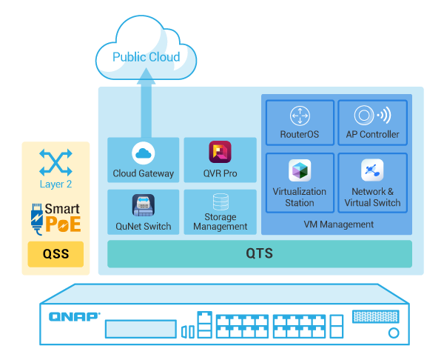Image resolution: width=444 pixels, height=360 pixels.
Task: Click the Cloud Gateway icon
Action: [143, 153]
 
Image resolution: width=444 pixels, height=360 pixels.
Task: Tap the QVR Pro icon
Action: [220, 152]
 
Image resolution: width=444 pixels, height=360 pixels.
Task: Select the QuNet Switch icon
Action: [143, 204]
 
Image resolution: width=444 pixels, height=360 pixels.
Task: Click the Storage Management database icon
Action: [220, 201]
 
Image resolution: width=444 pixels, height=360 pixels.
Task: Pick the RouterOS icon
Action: [299, 116]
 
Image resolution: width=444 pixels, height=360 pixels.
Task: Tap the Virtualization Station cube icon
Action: [299, 170]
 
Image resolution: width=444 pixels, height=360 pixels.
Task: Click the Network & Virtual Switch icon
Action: [372, 170]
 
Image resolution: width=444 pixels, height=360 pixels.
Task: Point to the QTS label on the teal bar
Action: [259, 254]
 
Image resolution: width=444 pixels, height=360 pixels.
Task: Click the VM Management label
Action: [338, 224]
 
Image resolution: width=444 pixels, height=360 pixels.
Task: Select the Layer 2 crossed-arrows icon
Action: [56, 161]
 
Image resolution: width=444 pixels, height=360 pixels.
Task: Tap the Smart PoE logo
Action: [55, 219]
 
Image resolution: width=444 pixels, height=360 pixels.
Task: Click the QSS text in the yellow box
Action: [55, 255]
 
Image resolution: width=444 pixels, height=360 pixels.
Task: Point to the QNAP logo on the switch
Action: [74, 316]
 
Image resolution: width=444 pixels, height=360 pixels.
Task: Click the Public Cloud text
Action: [146, 57]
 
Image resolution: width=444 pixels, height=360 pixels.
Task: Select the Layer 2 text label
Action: [56, 184]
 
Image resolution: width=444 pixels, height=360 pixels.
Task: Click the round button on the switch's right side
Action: [393, 333]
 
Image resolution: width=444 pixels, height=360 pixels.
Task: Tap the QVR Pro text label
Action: [220, 173]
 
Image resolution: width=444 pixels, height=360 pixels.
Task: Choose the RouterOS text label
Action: [299, 135]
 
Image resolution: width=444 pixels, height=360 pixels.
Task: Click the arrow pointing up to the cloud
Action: [146, 81]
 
